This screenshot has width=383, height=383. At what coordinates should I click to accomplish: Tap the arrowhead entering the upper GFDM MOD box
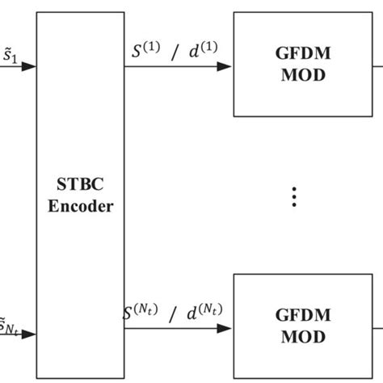225,66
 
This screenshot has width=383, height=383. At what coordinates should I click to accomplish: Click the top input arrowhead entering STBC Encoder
28,66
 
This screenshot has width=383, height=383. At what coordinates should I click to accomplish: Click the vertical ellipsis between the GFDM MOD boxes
295,196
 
